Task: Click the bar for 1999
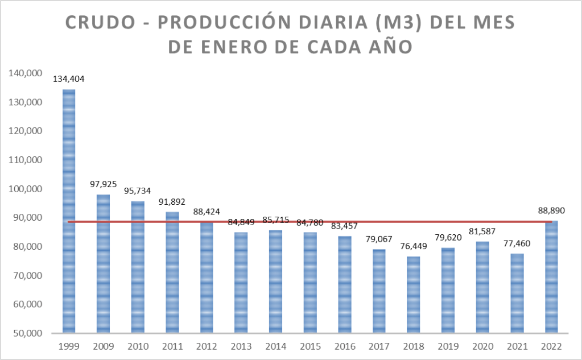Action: click(69, 210)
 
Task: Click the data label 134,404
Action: click(69, 79)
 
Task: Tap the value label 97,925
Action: click(103, 185)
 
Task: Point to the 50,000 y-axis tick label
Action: click(24, 333)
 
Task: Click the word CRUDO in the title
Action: click(102, 23)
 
